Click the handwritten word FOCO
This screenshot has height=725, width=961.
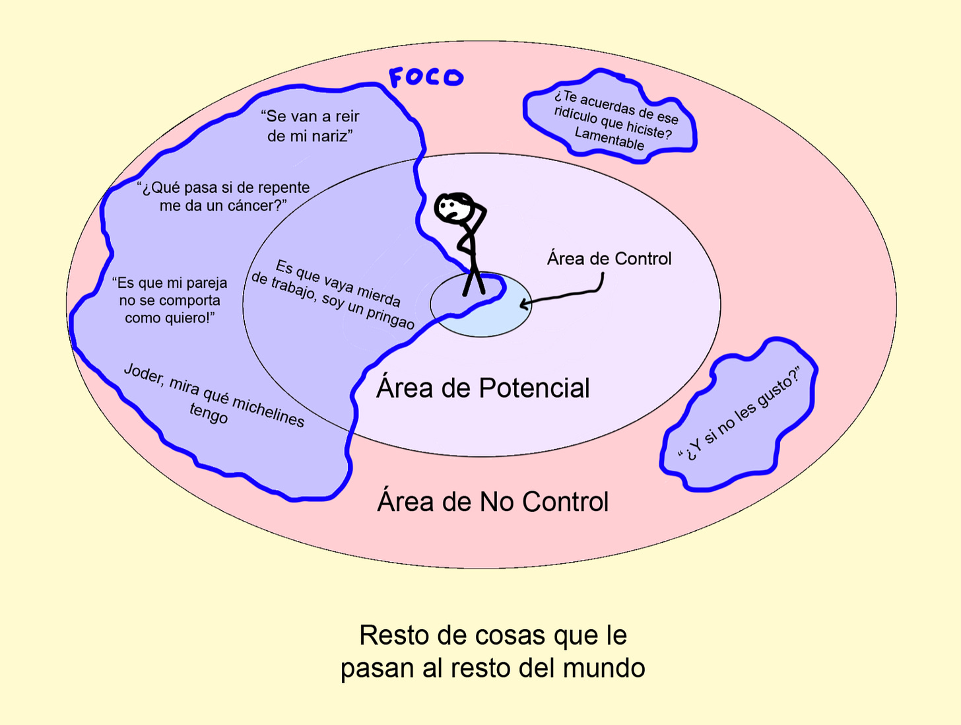click(426, 77)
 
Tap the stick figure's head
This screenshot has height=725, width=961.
click(452, 207)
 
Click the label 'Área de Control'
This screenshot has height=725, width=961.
click(609, 258)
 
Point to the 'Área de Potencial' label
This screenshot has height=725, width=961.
click(482, 388)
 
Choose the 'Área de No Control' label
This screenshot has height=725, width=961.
click(492, 502)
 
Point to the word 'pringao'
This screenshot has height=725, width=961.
click(390, 318)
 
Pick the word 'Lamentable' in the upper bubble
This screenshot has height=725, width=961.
click(609, 139)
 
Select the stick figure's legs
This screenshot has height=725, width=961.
click(474, 281)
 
